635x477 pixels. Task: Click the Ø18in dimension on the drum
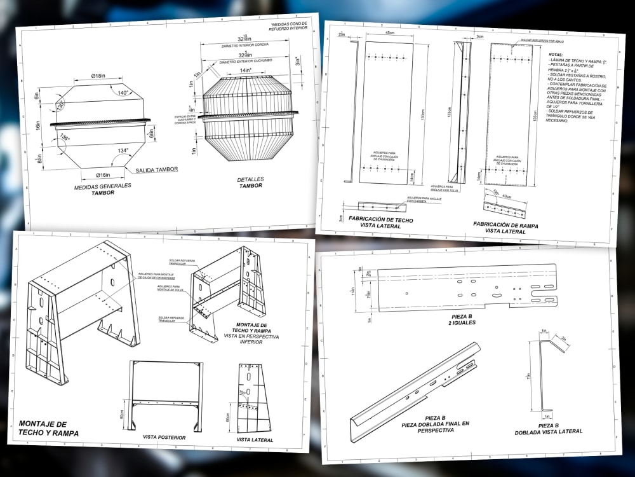click(97, 76)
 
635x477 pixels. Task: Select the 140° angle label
click(124, 92)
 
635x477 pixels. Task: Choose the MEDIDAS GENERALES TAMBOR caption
click(102, 189)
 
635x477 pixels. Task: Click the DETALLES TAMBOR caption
click(251, 183)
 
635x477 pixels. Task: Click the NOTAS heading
click(556, 55)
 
